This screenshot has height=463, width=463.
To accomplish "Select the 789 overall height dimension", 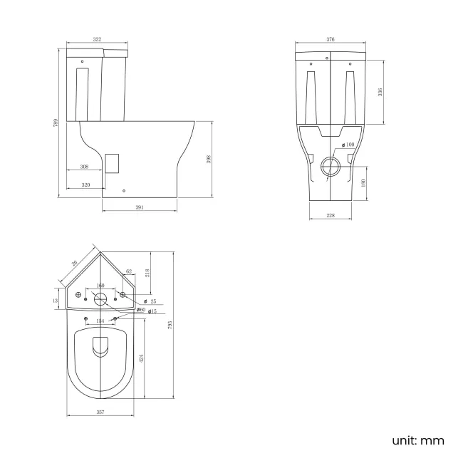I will tap(56, 123).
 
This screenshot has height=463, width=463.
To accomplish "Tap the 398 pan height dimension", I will tap(209, 160).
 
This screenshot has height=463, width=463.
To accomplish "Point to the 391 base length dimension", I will tap(140, 207).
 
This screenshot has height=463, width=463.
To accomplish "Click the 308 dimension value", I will tap(84, 167).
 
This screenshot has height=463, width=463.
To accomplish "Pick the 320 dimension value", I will tap(85, 184).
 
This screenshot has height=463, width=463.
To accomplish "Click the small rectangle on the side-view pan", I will tap(110, 162).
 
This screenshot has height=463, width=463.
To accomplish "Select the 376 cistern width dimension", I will tap(331, 39).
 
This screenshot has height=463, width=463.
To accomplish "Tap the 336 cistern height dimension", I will tap(380, 92).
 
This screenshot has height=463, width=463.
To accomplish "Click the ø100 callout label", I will tap(348, 145).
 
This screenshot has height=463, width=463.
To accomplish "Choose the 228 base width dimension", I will tap(331, 214).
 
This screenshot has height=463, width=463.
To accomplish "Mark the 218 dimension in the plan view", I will tap(147, 272).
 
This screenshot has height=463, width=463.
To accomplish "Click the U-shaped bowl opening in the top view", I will tap(100, 346).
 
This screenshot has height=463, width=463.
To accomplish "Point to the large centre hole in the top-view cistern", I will tap(100, 299).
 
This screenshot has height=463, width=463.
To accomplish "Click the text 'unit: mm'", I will tap(417, 440).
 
